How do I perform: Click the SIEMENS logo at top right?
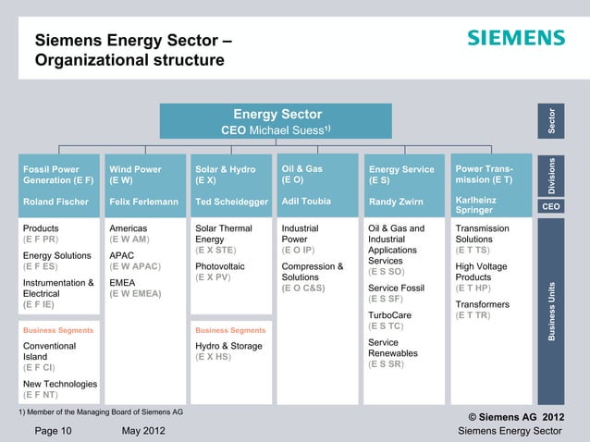(515, 38)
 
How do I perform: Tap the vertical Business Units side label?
(552, 310)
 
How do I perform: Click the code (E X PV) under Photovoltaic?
(216, 276)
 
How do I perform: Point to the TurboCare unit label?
(389, 314)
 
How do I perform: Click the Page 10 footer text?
(54, 430)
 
